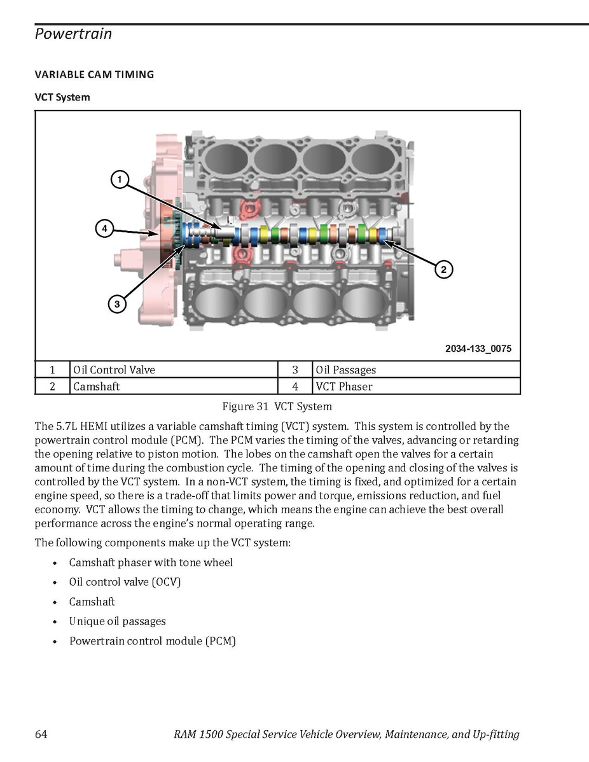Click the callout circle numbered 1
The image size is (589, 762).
(119, 179)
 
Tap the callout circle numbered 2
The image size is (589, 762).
(443, 269)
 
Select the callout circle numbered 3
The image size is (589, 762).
(117, 305)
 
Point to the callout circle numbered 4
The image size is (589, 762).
(104, 227)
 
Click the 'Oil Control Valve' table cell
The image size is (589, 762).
(114, 370)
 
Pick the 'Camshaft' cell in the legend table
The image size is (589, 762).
(96, 387)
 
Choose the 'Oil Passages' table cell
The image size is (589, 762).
(345, 370)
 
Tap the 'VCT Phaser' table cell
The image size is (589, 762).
(343, 387)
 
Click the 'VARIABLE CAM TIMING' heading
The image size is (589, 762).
(94, 74)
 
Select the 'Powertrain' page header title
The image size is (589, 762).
(73, 34)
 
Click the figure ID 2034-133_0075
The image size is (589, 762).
(478, 349)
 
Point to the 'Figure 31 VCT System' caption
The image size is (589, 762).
(277, 406)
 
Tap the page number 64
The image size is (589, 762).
(41, 735)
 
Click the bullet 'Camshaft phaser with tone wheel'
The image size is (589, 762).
(151, 563)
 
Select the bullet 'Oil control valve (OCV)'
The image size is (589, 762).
(125, 582)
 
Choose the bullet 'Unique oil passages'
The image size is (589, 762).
(118, 621)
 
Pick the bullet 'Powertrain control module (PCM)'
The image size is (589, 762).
(153, 641)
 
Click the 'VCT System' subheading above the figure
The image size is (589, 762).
(62, 97)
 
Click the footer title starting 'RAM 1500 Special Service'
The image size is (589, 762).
(346, 735)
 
